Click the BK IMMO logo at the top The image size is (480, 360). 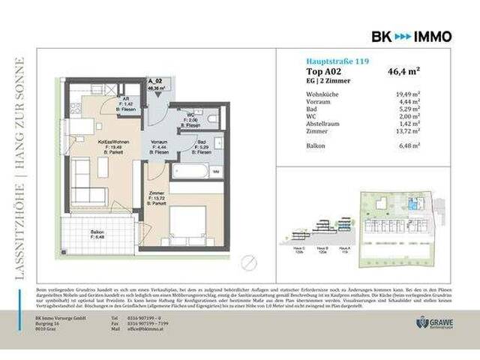[412, 35]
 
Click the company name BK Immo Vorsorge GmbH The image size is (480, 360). [61, 316]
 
